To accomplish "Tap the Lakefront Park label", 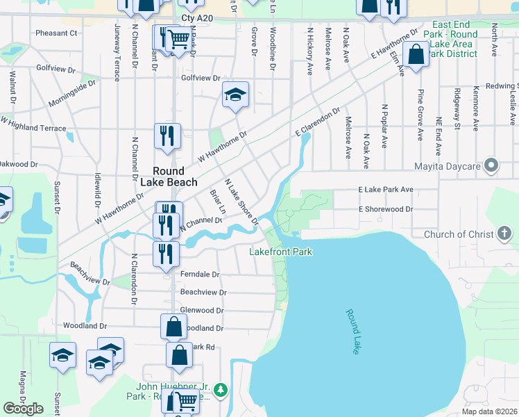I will (x=280, y=252).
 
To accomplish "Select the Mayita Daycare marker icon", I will (x=492, y=166).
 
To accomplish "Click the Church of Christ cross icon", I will (x=505, y=235).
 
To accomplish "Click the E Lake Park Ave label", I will (x=385, y=189).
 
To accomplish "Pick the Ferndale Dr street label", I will (x=199, y=275).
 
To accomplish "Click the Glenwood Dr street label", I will (x=201, y=311).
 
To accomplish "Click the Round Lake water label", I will (x=353, y=332).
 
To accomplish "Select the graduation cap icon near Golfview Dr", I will (x=236, y=95).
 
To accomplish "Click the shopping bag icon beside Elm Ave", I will (x=416, y=55).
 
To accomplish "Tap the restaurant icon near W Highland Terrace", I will (x=167, y=136).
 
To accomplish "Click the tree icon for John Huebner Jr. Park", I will (x=221, y=389).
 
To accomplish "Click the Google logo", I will (x=23, y=409).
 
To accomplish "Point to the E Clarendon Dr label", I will (x=317, y=122).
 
